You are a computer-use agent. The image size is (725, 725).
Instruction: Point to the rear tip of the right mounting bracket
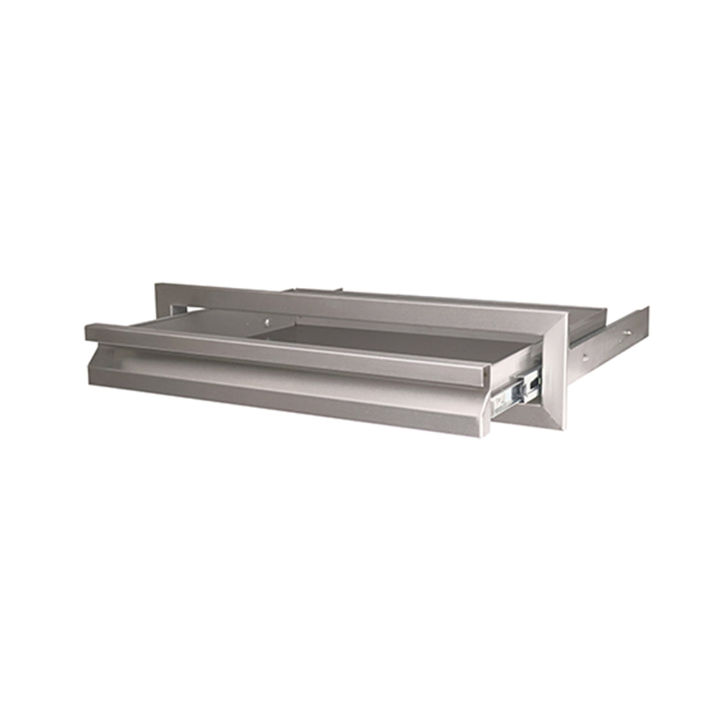pyautogui.click(x=646, y=322)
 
